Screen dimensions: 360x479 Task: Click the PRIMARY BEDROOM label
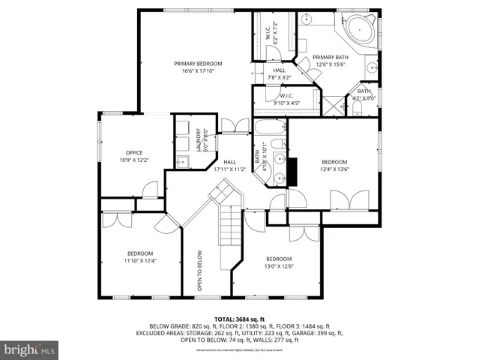(x=194, y=64)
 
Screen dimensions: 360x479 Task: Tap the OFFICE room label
(x=113, y=152)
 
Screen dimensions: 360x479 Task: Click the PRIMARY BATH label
(x=330, y=57)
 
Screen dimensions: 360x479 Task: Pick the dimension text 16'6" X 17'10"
(x=194, y=71)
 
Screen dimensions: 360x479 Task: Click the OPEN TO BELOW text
(x=200, y=270)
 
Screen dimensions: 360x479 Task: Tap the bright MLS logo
(x=30, y=349)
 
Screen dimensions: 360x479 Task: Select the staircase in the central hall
(x=228, y=232)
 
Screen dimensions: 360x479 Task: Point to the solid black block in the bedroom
(x=293, y=171)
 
